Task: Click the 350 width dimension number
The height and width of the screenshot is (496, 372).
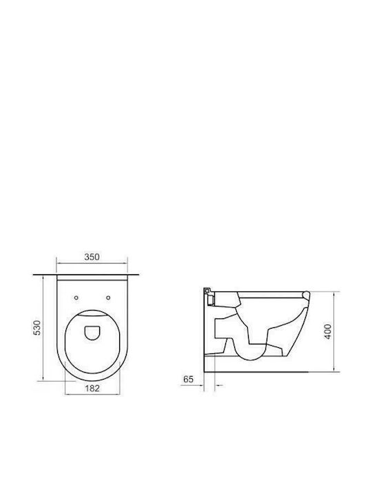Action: click(x=92, y=256)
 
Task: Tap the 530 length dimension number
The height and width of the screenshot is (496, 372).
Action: click(x=37, y=328)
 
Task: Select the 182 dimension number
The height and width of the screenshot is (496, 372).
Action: click(x=92, y=388)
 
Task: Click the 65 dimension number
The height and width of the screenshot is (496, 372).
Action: click(x=188, y=379)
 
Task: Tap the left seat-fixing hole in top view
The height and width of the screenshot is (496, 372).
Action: click(x=76, y=298)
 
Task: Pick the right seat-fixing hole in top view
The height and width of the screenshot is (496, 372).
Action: click(x=108, y=298)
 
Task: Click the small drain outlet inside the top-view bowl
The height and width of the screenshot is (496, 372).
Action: click(x=92, y=333)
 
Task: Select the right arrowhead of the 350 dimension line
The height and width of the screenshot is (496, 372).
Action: click(x=125, y=262)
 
